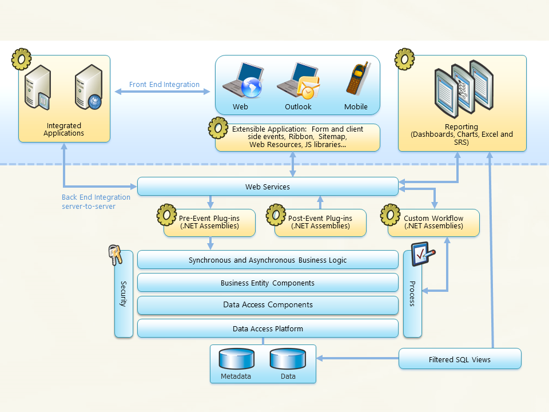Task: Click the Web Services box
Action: coord(268,187)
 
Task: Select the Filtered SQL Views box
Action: coord(460,359)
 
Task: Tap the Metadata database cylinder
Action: coord(236,359)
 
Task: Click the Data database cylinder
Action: coord(288,359)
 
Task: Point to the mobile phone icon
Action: coord(356,79)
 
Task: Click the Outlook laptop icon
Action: coord(297,81)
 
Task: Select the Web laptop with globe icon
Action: coord(243,81)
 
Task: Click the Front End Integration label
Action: coord(164,85)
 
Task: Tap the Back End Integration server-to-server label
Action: coord(96,201)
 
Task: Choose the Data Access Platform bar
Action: coord(268,328)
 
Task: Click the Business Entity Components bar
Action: coord(268,283)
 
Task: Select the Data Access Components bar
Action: coord(268,305)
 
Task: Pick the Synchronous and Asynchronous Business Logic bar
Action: coord(268,260)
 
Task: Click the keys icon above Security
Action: coord(116,255)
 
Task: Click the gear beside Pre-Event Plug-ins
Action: coord(166,215)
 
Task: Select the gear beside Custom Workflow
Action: coord(391,215)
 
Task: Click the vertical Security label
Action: coord(123,294)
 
